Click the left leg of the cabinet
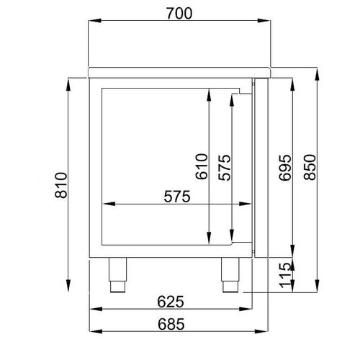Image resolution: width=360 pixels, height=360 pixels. (116, 274)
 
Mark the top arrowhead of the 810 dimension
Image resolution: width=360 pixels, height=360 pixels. (69, 81)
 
